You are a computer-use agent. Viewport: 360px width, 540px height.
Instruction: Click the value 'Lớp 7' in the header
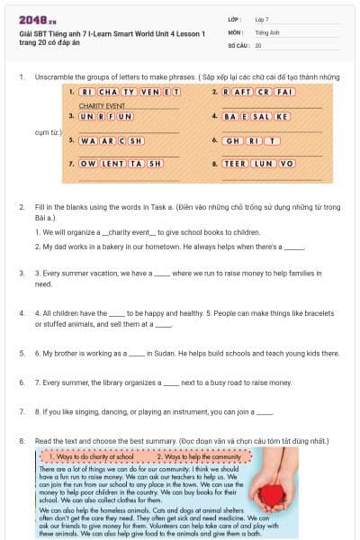262,19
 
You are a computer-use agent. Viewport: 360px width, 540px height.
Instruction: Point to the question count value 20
258,44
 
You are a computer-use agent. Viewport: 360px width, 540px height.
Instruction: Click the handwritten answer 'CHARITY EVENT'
107,105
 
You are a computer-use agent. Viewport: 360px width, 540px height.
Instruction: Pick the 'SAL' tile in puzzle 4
262,117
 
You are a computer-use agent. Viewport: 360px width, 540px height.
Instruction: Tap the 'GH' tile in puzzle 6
232,140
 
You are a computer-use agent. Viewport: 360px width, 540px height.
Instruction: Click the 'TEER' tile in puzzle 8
236,164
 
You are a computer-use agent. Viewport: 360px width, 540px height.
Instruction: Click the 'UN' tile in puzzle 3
86,117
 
